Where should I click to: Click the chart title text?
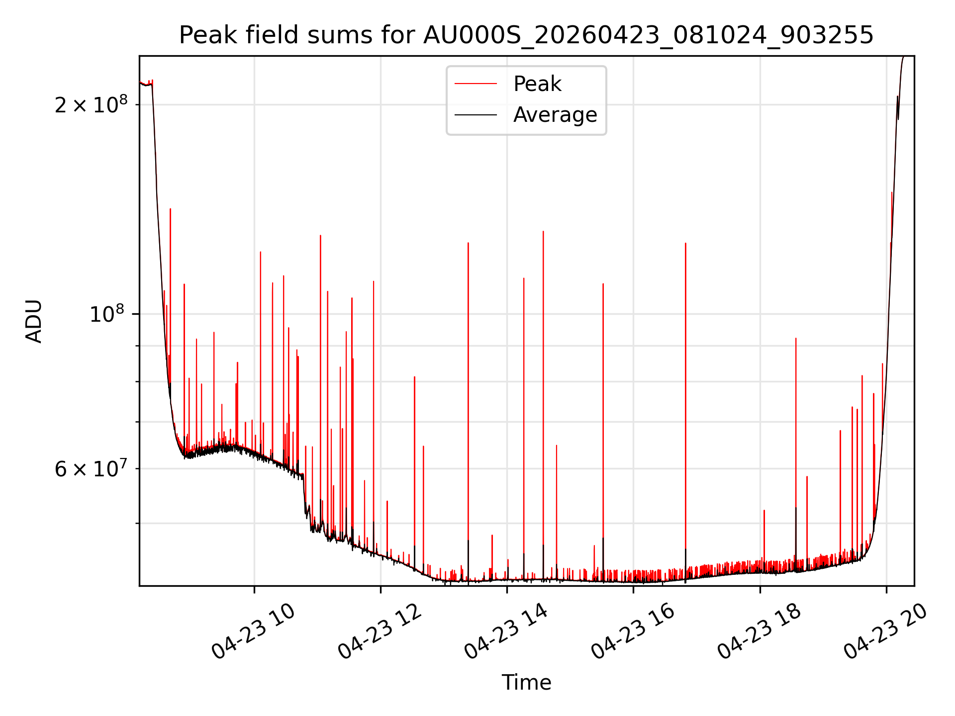click(x=526, y=35)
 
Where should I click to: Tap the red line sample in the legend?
click(x=476, y=84)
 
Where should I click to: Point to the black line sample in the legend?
click(x=476, y=115)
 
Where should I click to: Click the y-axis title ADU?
click(x=34, y=321)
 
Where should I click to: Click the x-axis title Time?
click(x=526, y=683)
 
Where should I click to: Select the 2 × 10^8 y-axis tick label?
click(x=91, y=104)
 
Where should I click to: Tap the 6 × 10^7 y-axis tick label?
click(x=91, y=468)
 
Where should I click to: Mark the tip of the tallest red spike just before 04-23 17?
click(x=685, y=243)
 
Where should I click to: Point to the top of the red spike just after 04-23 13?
click(x=468, y=243)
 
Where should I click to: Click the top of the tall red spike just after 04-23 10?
click(x=260, y=252)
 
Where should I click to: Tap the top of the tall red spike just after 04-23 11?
click(x=320, y=235)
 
